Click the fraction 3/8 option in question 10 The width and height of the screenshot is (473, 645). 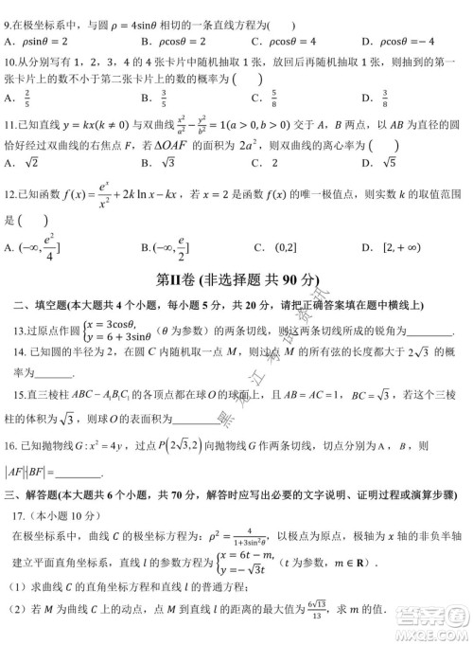(x=390, y=98)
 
